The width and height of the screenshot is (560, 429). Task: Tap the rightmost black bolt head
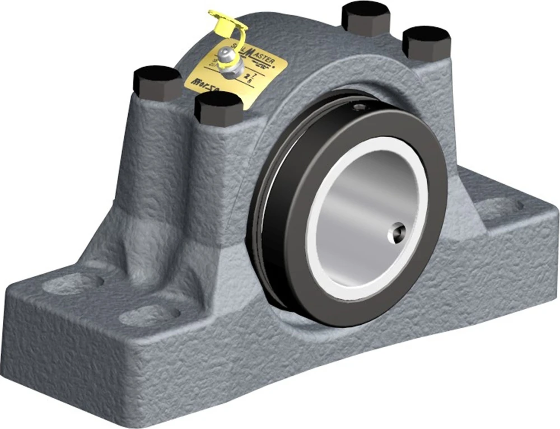tap(427, 41)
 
